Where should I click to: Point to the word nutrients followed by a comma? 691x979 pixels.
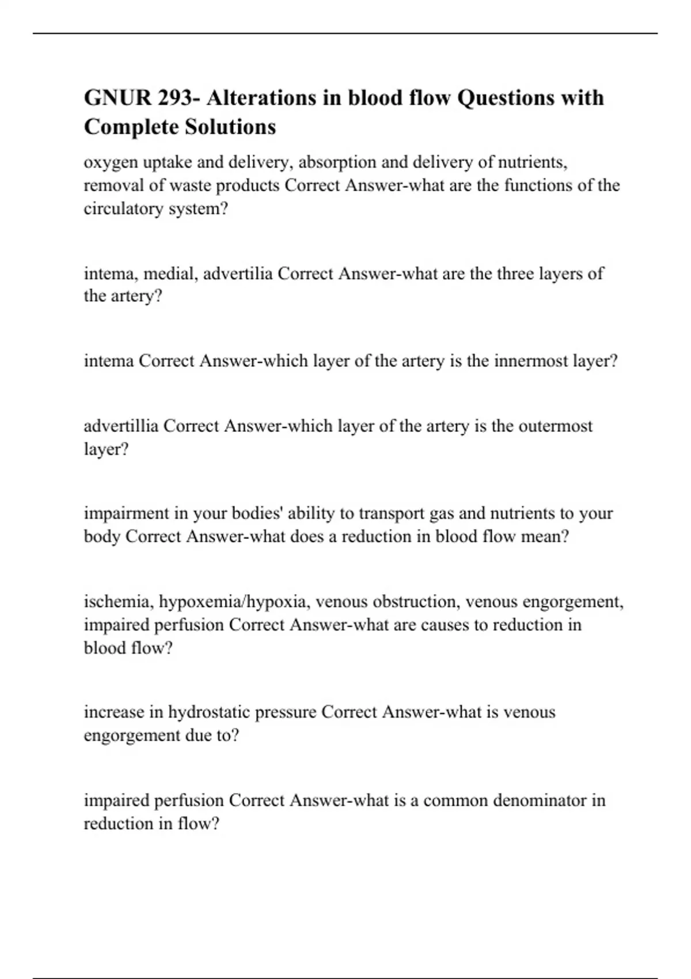click(x=532, y=162)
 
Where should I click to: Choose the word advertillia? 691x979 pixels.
click(x=121, y=426)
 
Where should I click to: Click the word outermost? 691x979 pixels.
click(x=555, y=426)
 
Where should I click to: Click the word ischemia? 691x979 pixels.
click(x=118, y=602)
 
